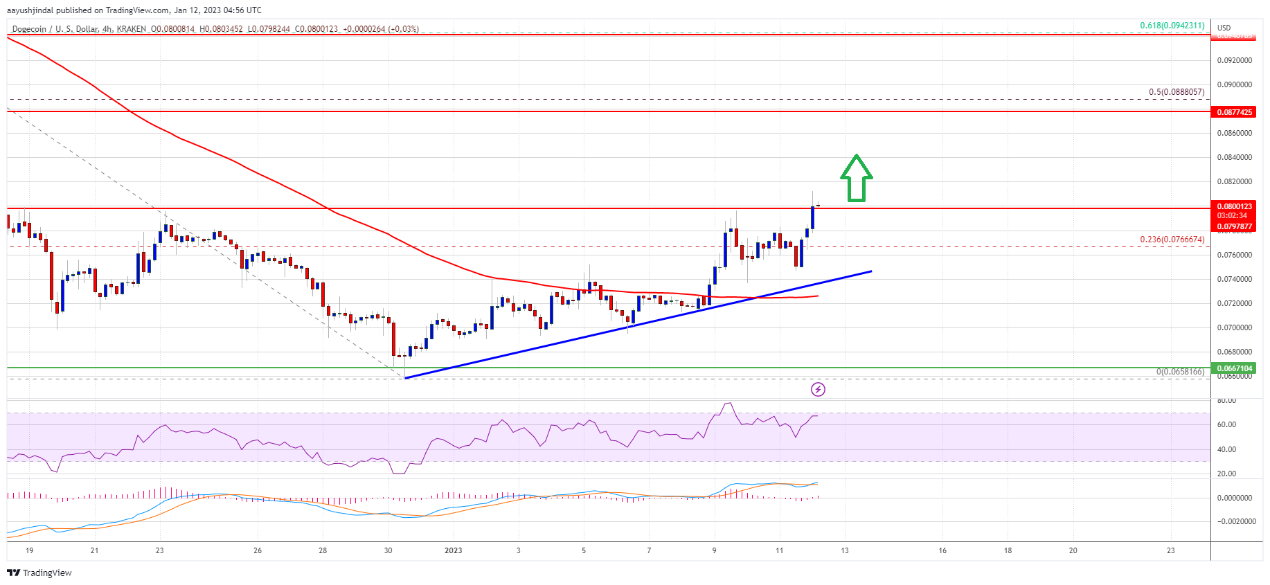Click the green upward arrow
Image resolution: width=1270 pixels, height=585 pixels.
click(856, 178)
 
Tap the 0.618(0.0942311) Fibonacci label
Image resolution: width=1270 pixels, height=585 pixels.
click(1172, 26)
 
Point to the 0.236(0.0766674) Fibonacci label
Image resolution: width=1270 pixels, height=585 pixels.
click(1172, 240)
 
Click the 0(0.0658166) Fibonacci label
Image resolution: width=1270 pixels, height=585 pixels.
click(1179, 372)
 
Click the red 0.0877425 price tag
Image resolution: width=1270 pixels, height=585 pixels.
click(1235, 112)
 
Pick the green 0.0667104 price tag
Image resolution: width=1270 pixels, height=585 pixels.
click(1235, 368)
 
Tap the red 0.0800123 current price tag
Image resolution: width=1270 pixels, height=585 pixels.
click(1235, 206)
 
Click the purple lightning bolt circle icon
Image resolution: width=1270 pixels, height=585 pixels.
click(818, 389)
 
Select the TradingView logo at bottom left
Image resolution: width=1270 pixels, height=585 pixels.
click(39, 573)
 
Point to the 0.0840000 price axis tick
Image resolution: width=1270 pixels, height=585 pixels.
click(1235, 157)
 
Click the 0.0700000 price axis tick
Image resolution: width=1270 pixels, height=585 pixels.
click(1235, 327)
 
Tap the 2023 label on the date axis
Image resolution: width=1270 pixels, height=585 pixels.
click(453, 550)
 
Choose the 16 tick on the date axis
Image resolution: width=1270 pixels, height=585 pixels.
click(942, 550)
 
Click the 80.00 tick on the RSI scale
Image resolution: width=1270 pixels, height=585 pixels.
click(1226, 400)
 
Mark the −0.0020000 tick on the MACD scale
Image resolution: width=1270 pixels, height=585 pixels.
click(1236, 521)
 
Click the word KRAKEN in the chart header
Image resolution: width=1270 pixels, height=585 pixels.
click(131, 29)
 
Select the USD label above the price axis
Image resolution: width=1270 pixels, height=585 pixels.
click(1224, 28)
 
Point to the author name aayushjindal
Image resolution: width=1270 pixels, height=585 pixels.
click(30, 10)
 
